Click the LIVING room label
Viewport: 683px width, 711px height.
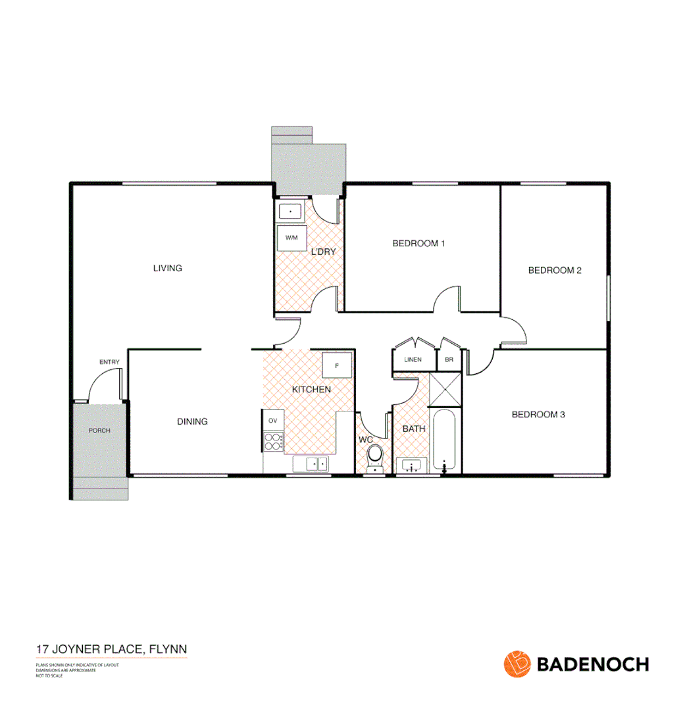167,268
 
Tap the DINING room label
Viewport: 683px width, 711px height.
192,421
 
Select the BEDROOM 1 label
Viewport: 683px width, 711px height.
418,244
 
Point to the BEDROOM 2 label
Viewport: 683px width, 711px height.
555,270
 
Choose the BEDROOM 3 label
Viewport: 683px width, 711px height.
538,414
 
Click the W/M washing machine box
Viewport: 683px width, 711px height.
291,238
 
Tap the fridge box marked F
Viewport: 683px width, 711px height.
337,365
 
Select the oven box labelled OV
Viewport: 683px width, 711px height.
272,419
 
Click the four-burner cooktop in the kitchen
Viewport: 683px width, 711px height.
272,441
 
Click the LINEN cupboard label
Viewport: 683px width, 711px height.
413,359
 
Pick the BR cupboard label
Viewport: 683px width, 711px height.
449,359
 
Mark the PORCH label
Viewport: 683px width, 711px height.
99,431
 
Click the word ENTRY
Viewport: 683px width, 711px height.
109,362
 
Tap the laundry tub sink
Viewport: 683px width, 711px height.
290,211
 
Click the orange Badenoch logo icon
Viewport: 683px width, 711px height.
517,664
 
